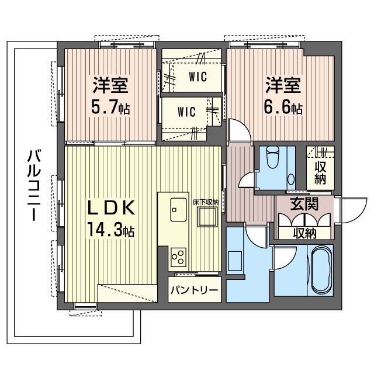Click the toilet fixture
coord(273,157)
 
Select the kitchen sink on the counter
coord(178,209)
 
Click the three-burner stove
coord(178,257)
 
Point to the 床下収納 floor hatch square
coord(207,217)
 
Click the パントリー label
coord(194,290)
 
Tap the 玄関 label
coord(304,204)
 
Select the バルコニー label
coord(34,185)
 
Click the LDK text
coord(111,208)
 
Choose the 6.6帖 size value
coord(283,108)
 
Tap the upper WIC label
coord(198,77)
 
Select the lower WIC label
coord(186,112)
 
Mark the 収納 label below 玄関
coord(305,233)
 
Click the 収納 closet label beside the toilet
coord(320,173)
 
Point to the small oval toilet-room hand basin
coord(291,179)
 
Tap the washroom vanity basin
coord(235,261)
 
